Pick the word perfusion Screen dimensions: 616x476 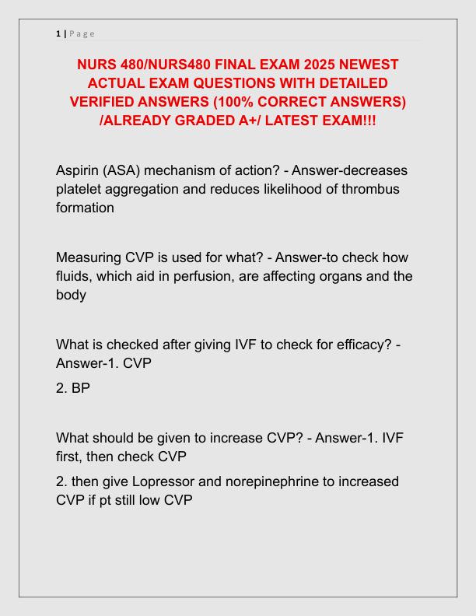[x=215, y=276]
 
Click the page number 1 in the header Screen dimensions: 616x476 [x=58, y=33]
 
